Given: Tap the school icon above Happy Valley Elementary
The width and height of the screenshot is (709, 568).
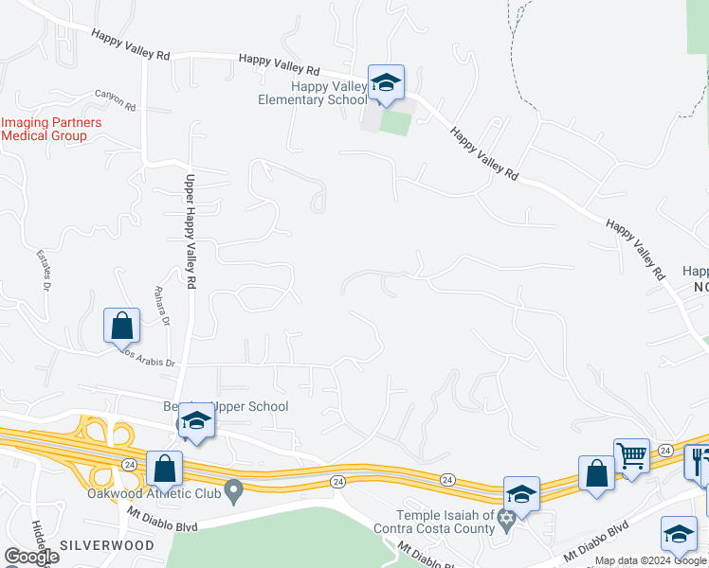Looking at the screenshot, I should click(386, 83).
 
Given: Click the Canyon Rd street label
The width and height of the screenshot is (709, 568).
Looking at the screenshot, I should click(116, 95).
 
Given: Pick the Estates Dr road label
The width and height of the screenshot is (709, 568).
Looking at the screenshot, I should click(43, 271).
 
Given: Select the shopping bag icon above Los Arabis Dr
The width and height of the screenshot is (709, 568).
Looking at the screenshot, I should click(122, 326).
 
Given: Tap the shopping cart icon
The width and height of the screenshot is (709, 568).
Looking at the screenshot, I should click(630, 455).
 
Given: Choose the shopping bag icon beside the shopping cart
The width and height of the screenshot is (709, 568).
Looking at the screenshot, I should click(596, 473).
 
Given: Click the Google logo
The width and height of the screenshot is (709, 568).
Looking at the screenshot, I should click(30, 557).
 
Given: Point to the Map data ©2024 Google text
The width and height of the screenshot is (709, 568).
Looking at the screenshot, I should click(651, 561).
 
